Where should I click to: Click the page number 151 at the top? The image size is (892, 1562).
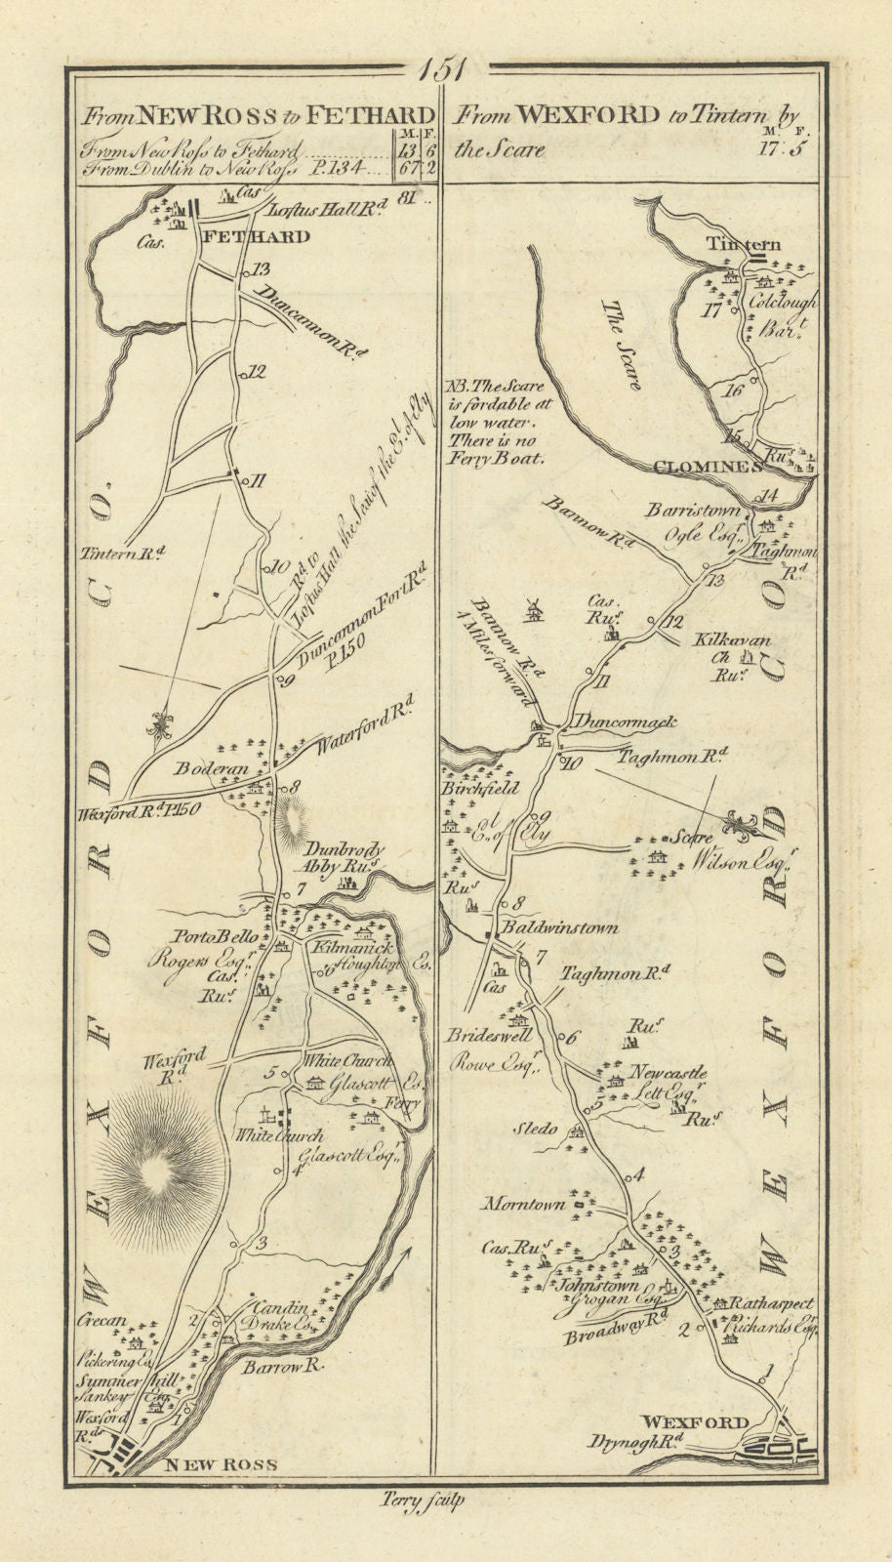pos(447,70)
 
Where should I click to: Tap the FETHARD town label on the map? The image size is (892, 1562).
pos(255,236)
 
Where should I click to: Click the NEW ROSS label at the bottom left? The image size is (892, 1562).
pos(222,1463)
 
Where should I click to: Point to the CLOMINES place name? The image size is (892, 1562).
pos(708,467)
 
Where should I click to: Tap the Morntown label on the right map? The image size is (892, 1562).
pos(534,1204)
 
